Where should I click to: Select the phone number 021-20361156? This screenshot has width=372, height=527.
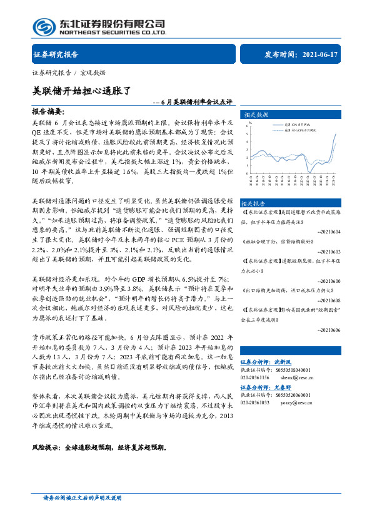pyautogui.click(x=255, y=377)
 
